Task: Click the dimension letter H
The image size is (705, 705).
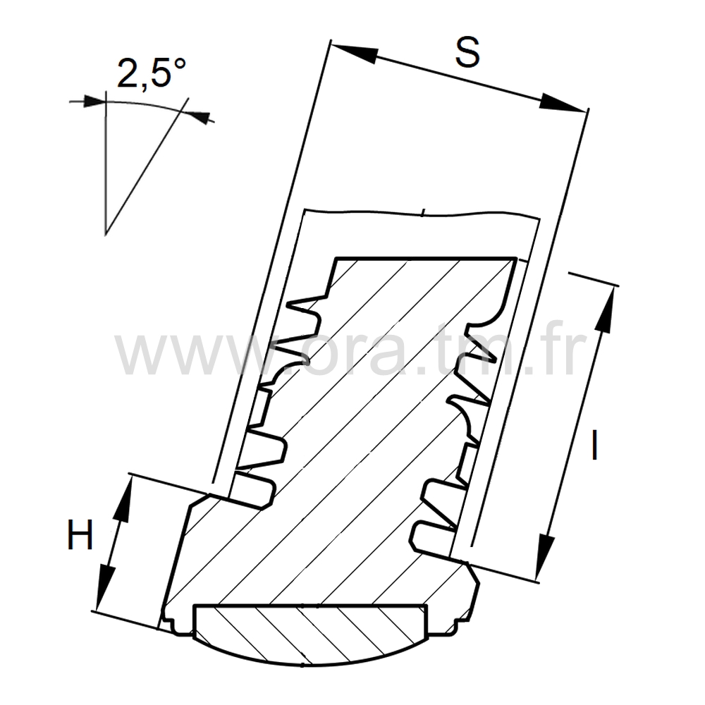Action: click(80, 534)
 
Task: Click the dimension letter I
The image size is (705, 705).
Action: click(594, 445)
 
